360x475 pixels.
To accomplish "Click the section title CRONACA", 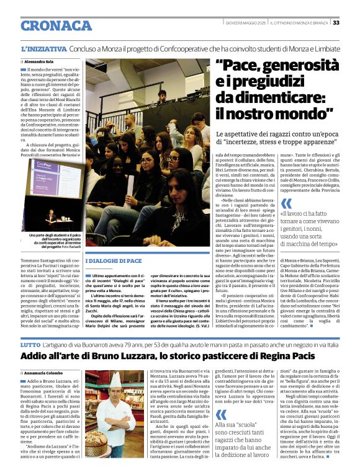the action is (56, 25).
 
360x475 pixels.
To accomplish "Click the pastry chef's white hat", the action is (115, 380).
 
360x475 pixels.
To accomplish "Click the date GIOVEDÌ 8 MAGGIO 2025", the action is (246, 23).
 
